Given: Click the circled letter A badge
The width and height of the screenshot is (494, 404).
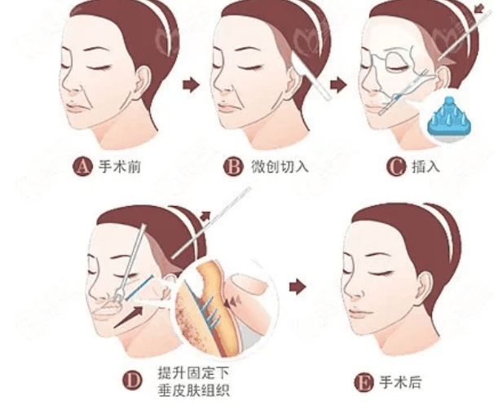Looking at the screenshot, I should tap(81, 169).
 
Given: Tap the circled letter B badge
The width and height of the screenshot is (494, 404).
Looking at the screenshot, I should tap(233, 169).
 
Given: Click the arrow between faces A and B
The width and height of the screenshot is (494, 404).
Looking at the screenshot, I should tap(190, 85).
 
